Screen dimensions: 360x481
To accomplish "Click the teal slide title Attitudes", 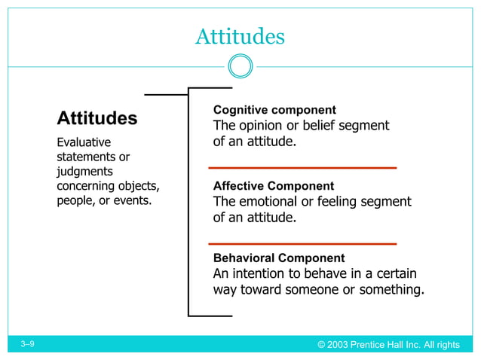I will point(240,36).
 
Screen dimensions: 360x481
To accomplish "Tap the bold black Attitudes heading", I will point(97,118).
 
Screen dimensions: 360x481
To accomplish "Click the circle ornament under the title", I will point(240,66).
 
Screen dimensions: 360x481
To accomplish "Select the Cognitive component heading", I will point(274,110).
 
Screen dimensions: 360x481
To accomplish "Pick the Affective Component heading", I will point(274,186).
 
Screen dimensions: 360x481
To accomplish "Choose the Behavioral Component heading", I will point(279,258).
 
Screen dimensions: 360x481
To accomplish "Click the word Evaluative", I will point(84,142).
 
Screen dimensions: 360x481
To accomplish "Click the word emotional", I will point(273,202).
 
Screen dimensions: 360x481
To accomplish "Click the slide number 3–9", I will point(28,344).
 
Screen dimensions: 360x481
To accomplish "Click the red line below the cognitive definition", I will point(302,167).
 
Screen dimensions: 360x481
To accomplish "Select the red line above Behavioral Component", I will point(302,244).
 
